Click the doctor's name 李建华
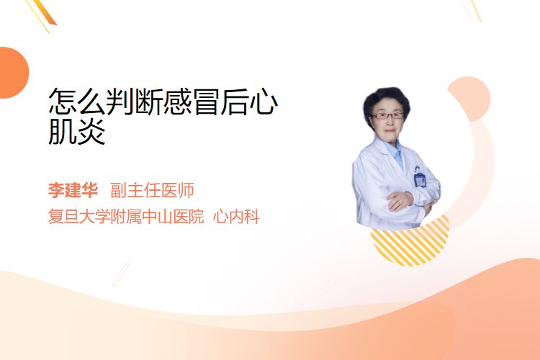coord(73,190)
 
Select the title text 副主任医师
coord(152,190)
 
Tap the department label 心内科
coord(236,217)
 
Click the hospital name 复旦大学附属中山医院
coord(126,217)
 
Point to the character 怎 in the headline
coord(63,102)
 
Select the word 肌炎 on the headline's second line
coord(77,131)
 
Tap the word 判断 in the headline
coord(134,102)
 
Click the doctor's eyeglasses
coord(387,116)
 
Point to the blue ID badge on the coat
coord(420,180)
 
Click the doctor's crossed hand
coord(400,201)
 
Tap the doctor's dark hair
coord(387,101)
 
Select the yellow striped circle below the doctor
coord(410,241)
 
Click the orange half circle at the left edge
coord(13,73)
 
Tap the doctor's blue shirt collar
coord(396,152)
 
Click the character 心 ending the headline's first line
coord(263,102)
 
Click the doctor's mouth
coord(390,130)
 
